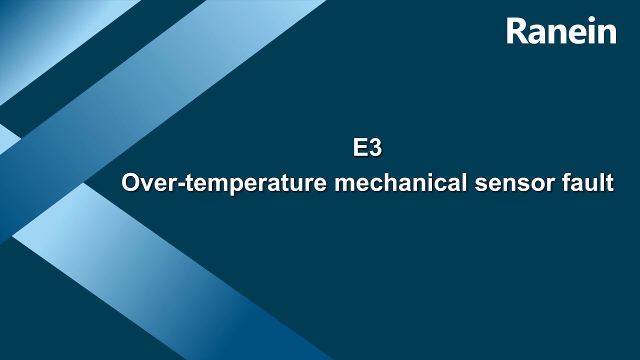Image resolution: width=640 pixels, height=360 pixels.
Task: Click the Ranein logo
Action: click(561, 31)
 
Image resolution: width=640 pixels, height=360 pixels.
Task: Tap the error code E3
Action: click(367, 148)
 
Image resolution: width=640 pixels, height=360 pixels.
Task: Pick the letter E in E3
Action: click(360, 148)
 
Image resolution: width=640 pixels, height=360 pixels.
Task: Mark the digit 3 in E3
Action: click(375, 148)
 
